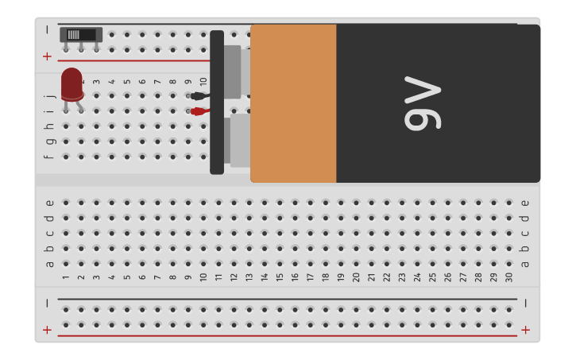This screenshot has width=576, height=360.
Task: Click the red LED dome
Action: (x=72, y=82)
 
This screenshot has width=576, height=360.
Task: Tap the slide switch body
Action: (x=81, y=35)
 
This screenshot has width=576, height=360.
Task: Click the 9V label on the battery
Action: (x=422, y=103)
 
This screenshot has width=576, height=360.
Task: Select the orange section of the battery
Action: (x=293, y=103)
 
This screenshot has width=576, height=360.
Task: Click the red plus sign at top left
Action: (x=47, y=56)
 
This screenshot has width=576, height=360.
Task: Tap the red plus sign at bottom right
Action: (x=525, y=330)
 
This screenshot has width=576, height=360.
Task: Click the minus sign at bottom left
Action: (x=47, y=303)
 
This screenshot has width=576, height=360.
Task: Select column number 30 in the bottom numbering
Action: (x=509, y=277)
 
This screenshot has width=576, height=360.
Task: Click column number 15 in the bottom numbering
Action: (x=280, y=277)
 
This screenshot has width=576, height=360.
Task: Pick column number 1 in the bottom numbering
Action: (x=65, y=277)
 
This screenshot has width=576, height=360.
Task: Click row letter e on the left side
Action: (x=49, y=203)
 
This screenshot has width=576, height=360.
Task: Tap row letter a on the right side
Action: (x=524, y=264)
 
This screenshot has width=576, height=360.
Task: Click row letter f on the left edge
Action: (x=49, y=157)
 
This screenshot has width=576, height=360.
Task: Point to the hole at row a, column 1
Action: (x=65, y=263)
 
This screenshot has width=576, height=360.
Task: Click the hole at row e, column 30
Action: (x=509, y=203)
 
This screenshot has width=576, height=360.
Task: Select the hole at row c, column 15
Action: (x=280, y=233)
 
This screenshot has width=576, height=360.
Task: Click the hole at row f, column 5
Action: (x=127, y=157)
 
